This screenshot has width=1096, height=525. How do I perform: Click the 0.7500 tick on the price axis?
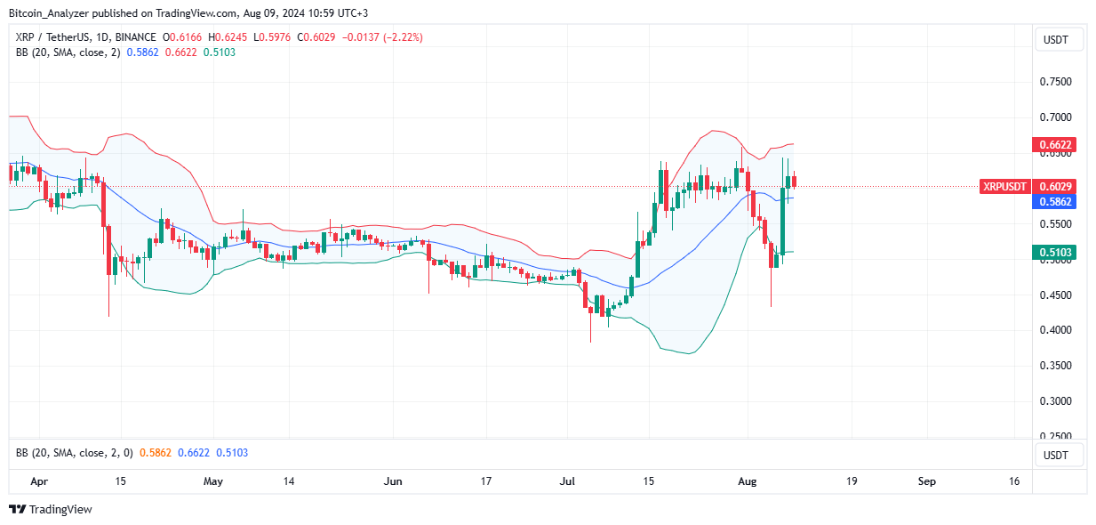click(x=1056, y=82)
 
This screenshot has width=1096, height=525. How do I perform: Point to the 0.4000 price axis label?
click(x=1056, y=330)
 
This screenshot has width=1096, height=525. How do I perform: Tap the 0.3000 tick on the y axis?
click(x=1056, y=401)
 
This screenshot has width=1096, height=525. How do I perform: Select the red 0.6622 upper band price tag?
click(x=1055, y=144)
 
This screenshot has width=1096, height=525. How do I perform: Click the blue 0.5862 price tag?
click(x=1055, y=202)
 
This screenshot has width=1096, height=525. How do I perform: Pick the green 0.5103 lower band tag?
click(x=1055, y=253)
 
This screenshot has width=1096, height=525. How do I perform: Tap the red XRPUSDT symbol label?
click(x=1004, y=187)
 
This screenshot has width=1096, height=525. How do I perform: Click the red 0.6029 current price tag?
click(x=1055, y=187)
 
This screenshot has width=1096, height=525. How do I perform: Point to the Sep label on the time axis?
click(x=927, y=481)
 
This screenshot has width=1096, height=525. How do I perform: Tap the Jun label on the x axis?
click(x=392, y=481)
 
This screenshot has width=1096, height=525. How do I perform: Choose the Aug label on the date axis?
click(x=748, y=481)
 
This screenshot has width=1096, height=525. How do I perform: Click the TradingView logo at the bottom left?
click(x=51, y=510)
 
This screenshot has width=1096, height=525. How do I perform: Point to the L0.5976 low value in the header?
click(x=274, y=37)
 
